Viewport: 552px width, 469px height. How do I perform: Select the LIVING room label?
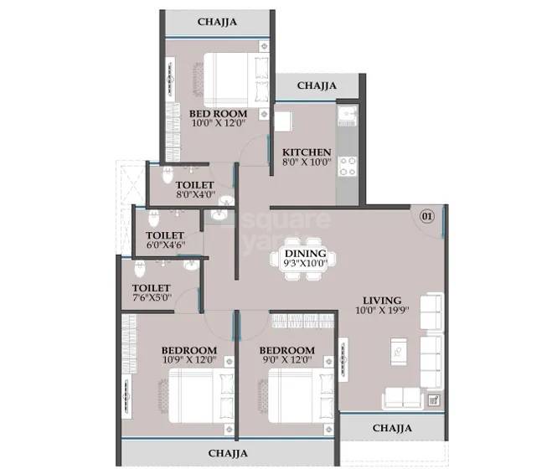382,300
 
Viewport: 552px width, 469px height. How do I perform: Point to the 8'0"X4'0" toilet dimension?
194,195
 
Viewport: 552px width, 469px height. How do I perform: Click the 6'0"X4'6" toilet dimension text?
165,246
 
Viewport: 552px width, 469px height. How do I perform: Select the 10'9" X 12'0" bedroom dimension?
188,361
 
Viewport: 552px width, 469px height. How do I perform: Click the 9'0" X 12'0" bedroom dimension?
286,361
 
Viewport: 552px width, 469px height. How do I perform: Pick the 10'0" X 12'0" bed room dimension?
217,124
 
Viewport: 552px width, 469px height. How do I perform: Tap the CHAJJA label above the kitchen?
317,85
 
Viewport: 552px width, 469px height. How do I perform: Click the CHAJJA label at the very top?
217,23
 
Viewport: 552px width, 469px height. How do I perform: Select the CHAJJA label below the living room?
391,429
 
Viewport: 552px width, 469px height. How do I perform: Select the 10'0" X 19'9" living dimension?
383,312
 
